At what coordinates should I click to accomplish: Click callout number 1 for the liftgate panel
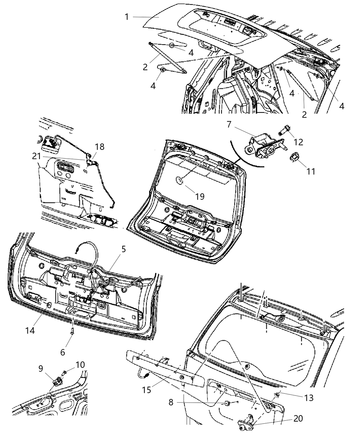[x=127, y=16]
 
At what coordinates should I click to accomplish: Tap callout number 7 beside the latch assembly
[x=229, y=124]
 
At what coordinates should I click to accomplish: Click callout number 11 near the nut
[x=310, y=171]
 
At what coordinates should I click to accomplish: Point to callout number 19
[x=200, y=196]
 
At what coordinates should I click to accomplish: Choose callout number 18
[x=100, y=147]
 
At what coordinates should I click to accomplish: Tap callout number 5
[x=123, y=249]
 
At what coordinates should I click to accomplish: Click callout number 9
[x=40, y=368]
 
